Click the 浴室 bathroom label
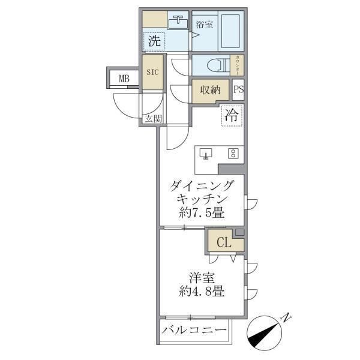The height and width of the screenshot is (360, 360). pos(205,25)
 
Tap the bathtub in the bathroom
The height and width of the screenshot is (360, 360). pos(231,30)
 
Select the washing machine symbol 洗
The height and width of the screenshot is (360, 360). pos(155,41)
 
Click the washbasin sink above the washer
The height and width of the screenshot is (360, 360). pos(178,23)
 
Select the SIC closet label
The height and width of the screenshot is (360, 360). pos(152,72)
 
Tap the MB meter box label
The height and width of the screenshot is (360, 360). pos(124,78)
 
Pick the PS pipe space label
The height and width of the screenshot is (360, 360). pos(238,90)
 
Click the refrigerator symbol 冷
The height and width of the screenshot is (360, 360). pos(232,116)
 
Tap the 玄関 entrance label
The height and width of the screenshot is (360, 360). pos(152,119)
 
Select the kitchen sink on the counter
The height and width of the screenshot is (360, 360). pos(206,154)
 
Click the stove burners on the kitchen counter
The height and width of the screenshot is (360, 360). pos(232,153)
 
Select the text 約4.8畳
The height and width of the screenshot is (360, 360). pos(201,293)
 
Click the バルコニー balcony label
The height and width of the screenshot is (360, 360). pos(195,331)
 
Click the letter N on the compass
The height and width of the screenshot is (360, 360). pos(287,316)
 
